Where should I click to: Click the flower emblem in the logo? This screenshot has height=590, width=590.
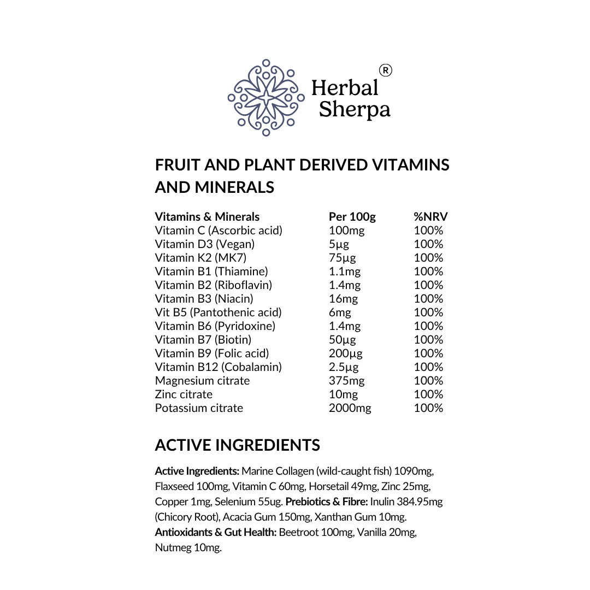pos(265,98)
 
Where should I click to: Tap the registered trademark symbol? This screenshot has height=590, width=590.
pos(385,70)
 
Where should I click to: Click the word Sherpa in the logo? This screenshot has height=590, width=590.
pos(355,109)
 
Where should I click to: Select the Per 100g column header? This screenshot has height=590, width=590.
pos(352,217)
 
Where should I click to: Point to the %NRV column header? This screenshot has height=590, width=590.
pos(430,217)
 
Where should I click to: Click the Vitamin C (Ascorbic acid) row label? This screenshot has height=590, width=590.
pos(219,231)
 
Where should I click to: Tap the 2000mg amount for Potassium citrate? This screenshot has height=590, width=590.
pos(350,408)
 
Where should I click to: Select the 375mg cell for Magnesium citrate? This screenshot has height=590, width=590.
pos(346,381)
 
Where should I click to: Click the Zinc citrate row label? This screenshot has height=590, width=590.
pos(184,394)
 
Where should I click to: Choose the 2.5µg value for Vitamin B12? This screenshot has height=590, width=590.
pos(344,367)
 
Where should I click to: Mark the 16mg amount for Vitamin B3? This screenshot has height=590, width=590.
pos(343,299)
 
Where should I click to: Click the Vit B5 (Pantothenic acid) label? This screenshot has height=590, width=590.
pos(218,312)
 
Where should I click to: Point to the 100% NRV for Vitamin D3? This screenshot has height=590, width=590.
pos(428,244)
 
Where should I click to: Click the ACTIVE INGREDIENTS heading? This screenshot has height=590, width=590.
pos(237,445)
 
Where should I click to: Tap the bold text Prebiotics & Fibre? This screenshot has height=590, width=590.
pos(327,501)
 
